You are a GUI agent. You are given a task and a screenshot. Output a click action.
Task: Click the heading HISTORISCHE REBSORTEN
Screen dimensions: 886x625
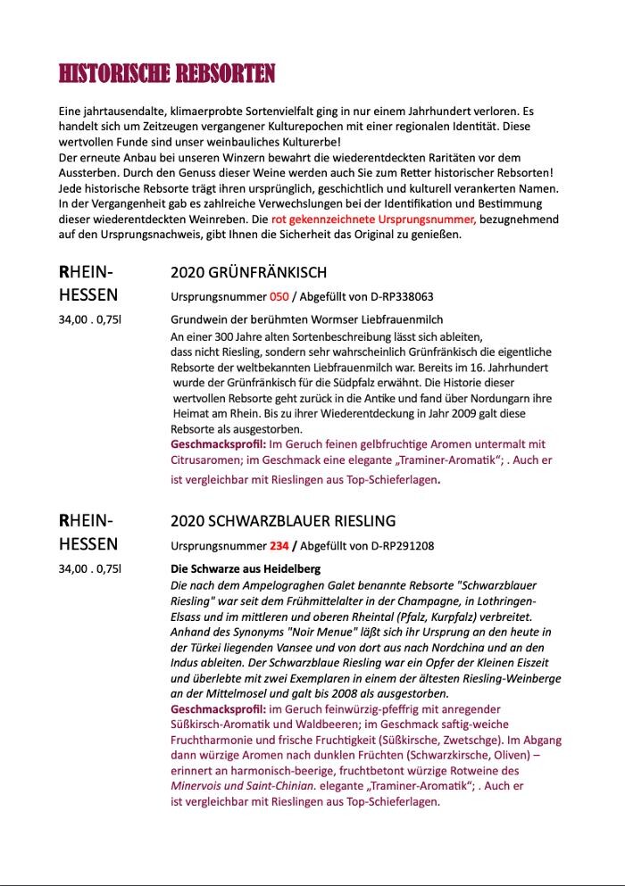(x=167, y=74)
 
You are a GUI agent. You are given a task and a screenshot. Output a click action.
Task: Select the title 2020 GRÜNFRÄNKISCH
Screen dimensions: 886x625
(x=248, y=273)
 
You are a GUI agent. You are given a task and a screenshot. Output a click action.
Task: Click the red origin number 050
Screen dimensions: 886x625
(x=279, y=296)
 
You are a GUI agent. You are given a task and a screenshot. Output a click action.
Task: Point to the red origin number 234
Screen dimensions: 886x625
(x=279, y=545)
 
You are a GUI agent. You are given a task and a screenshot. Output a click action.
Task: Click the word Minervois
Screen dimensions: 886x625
(x=197, y=786)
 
